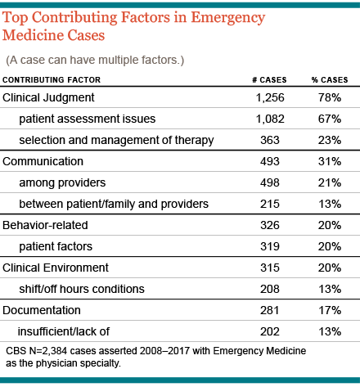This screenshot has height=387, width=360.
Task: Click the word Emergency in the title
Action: (228, 19)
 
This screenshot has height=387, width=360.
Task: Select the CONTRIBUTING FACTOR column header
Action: (52, 80)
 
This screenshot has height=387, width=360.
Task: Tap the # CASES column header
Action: (269, 80)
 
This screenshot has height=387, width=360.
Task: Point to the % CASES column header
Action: (330, 80)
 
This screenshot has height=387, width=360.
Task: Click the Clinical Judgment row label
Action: (48, 98)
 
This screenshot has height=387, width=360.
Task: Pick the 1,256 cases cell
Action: (270, 98)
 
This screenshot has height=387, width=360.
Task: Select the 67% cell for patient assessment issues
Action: (330, 119)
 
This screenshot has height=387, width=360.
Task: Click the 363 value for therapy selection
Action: (270, 141)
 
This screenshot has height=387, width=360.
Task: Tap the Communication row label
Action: (43, 161)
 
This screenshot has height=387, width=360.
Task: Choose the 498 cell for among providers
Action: (270, 183)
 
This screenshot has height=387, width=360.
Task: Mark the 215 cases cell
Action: (270, 205)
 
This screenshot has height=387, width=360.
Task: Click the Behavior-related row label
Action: (45, 226)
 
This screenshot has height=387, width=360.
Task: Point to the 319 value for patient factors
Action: (270, 247)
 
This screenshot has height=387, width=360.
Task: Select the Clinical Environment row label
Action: (56, 268)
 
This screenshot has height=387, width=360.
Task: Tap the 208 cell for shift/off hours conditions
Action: (270, 290)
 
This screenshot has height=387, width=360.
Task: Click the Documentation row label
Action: (42, 310)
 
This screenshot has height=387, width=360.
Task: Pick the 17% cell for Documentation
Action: (330, 311)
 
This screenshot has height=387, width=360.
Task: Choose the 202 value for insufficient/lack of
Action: (270, 332)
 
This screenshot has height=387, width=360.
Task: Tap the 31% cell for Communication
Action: (330, 162)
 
